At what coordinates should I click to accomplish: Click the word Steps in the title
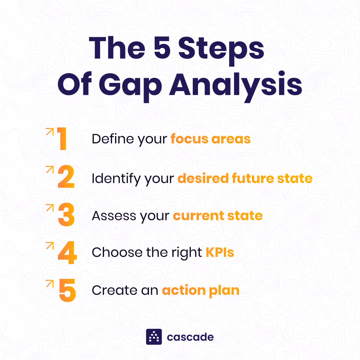pyautogui.click(x=221, y=49)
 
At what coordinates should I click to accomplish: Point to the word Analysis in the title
pyautogui.click(x=236, y=85)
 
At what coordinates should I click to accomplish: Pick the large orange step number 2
pyautogui.click(x=66, y=178)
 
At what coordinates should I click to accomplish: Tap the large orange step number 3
pyautogui.click(x=66, y=215)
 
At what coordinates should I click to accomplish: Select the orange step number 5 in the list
pyautogui.click(x=67, y=290)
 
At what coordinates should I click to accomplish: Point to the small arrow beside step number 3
pyautogui.click(x=50, y=207)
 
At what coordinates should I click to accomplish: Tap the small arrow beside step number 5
pyautogui.click(x=50, y=284)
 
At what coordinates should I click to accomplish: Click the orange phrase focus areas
pyautogui.click(x=211, y=139)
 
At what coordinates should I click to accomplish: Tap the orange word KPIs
pyautogui.click(x=220, y=252)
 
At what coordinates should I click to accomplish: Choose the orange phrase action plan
pyautogui.click(x=201, y=290)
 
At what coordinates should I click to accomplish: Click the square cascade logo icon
pyautogui.click(x=154, y=337)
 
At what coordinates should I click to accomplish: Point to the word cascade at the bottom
pyautogui.click(x=190, y=337)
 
